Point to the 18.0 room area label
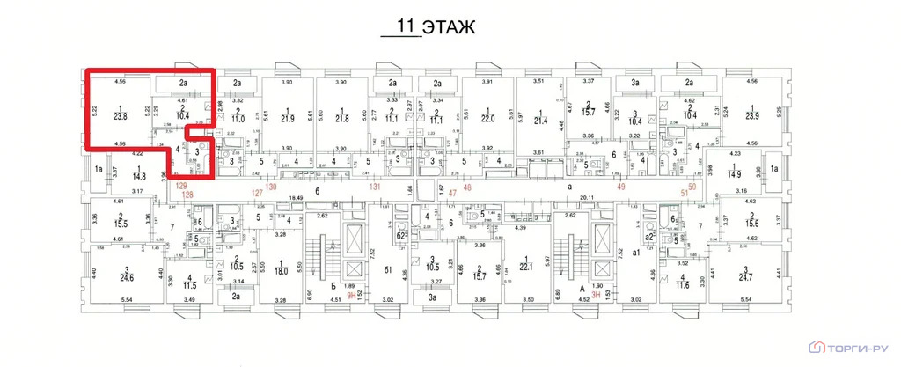tap(281, 273)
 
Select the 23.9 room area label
tap(751, 116)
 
